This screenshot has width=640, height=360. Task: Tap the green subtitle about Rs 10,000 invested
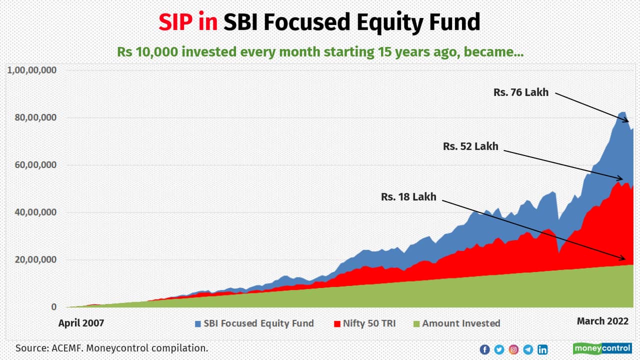[x=320, y=51]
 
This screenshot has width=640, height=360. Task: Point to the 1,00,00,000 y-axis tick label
[x=31, y=70]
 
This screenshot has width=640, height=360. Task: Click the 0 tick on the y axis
[x=54, y=307]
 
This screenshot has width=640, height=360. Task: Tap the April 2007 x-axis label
[x=81, y=323]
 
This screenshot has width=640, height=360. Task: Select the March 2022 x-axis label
[x=602, y=321]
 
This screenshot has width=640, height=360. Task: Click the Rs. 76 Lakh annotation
[x=520, y=92]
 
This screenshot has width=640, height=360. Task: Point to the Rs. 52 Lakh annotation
[x=470, y=146]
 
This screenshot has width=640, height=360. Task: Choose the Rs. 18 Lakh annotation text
[x=408, y=197]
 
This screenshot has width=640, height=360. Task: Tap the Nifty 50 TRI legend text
[x=369, y=323]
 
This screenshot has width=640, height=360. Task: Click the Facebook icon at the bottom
[x=484, y=349]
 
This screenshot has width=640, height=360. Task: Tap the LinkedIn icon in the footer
[x=542, y=349]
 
